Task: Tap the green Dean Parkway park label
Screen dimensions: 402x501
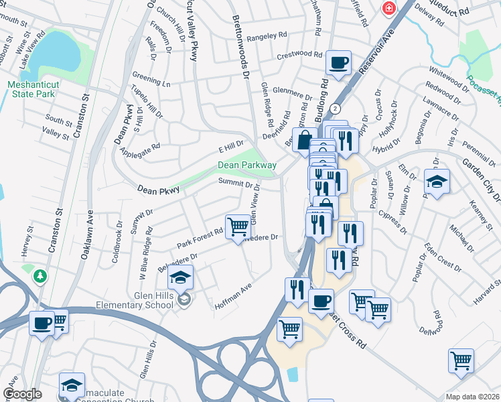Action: (246, 165)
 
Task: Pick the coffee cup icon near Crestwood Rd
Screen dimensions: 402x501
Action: (338, 63)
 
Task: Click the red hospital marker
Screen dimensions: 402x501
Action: (388, 8)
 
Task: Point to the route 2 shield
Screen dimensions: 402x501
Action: (336, 108)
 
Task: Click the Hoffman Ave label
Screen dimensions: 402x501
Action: (232, 296)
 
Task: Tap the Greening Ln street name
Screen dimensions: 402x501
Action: (151, 82)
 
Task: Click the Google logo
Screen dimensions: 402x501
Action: (22, 394)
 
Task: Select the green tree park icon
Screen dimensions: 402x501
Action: (41, 275)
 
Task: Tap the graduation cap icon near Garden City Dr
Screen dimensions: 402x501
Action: (437, 181)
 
